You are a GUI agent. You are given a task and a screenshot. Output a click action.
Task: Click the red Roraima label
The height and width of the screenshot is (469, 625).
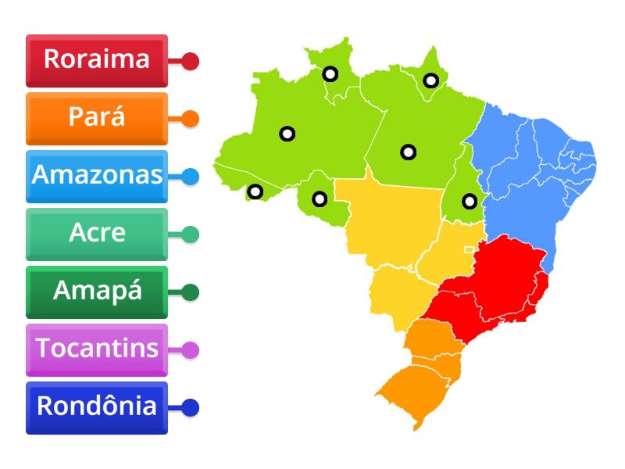(x=96, y=60)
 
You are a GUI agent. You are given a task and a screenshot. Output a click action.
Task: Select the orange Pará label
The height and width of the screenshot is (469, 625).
(x=96, y=118)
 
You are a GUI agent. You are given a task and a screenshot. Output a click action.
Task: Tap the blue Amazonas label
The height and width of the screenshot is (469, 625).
(x=96, y=176)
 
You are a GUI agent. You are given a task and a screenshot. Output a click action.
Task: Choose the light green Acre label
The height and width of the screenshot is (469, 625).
(x=96, y=234)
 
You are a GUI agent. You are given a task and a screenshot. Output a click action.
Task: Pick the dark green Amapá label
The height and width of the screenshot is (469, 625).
(x=96, y=292)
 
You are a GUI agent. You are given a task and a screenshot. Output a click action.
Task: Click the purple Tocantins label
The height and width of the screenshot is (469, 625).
(x=96, y=349)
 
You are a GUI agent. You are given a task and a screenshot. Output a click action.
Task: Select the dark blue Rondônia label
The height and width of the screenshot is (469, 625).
(x=96, y=407)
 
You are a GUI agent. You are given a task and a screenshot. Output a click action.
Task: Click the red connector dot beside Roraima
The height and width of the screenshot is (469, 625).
(x=190, y=61)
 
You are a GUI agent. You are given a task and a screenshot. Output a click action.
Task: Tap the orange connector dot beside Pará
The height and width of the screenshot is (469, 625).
(x=190, y=119)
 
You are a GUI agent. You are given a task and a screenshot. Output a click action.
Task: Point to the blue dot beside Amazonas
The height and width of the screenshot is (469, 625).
(x=190, y=177)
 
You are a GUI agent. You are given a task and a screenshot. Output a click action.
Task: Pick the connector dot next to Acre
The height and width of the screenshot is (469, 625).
(x=190, y=234)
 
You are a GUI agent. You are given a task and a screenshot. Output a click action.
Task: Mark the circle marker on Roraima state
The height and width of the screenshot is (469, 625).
(x=330, y=74)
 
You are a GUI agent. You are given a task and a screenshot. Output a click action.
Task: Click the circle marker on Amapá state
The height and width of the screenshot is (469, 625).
(x=430, y=80)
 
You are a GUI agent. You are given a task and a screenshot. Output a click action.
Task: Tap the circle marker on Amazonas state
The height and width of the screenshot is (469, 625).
(x=287, y=134)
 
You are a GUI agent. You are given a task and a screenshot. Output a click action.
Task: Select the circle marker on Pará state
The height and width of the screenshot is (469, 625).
(x=408, y=152)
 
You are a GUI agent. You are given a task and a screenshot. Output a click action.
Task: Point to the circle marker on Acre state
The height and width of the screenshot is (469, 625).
(x=255, y=192)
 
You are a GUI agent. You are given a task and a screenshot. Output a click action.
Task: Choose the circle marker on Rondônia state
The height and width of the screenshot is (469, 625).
(x=320, y=199)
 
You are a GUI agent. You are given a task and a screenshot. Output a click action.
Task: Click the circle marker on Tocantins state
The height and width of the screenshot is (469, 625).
(x=469, y=201)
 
